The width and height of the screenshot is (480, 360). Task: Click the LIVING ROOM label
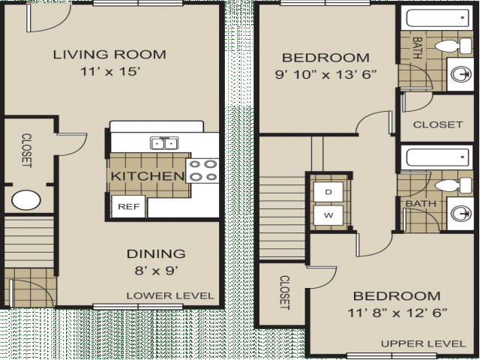pyautogui.click(x=109, y=55)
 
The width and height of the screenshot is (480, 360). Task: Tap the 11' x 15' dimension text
pyautogui.click(x=110, y=72)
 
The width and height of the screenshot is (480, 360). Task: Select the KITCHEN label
pyautogui.click(x=148, y=176)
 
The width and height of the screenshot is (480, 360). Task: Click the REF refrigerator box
pyautogui.click(x=128, y=207)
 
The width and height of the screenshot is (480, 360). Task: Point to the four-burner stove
pyautogui.click(x=202, y=170)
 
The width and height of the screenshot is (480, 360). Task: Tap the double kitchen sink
pyautogui.click(x=164, y=143)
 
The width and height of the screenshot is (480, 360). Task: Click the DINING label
pyautogui.click(x=156, y=253)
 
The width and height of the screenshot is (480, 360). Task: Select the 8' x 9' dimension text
pyautogui.click(x=157, y=271)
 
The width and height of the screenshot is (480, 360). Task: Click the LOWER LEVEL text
pyautogui.click(x=170, y=295)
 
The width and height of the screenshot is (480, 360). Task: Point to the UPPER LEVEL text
pyautogui.click(x=423, y=343)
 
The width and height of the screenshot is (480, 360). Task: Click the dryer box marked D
pyautogui.click(x=328, y=192)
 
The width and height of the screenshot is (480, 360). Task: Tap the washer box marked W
pyautogui.click(x=328, y=215)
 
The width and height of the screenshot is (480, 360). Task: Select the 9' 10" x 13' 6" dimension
pyautogui.click(x=325, y=74)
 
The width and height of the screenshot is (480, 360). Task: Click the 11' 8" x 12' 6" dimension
pyautogui.click(x=397, y=313)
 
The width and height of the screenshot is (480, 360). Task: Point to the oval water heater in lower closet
pyautogui.click(x=26, y=200)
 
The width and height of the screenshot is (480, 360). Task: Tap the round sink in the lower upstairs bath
pyautogui.click(x=461, y=213)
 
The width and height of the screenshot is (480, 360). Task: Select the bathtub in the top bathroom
pyautogui.click(x=438, y=18)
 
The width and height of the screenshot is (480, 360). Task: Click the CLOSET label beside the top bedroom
pyautogui.click(x=438, y=124)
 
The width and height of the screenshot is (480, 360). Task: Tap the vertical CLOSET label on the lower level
pyautogui.click(x=26, y=150)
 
